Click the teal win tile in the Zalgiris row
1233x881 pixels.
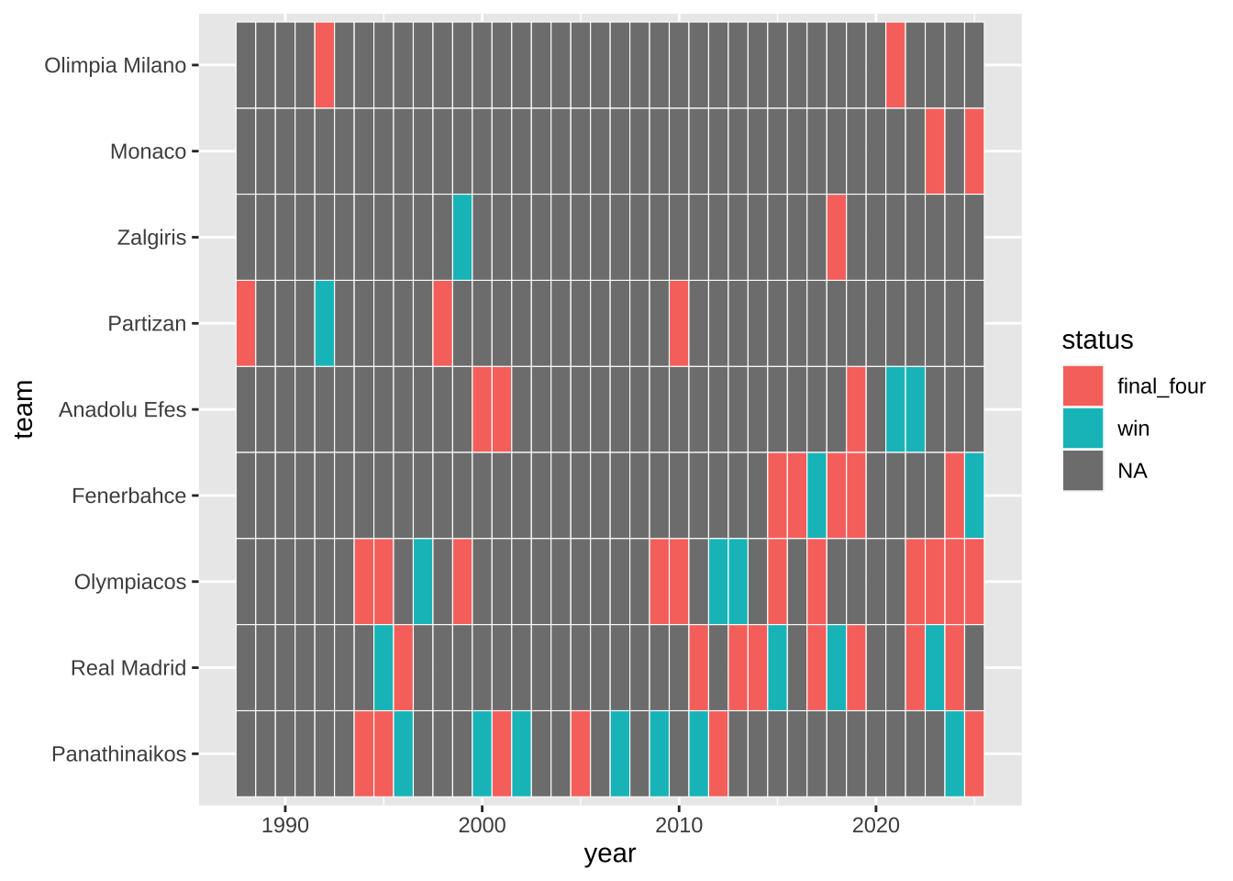point(462,237)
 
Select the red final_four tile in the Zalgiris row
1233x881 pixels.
point(836,237)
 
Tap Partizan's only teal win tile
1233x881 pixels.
point(325,323)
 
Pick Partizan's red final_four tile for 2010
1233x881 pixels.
point(679,323)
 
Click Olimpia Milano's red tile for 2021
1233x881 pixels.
point(895,65)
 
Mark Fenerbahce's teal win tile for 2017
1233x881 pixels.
point(816,495)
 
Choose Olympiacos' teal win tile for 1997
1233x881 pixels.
point(423,581)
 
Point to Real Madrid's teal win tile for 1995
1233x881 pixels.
point(383,667)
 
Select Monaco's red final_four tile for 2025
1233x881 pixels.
point(974,151)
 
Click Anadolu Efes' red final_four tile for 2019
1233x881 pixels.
point(856,409)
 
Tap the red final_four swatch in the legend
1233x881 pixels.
point(1083,386)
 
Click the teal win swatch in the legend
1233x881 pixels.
point(1083,429)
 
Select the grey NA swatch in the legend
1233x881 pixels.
point(1083,471)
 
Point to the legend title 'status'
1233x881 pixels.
point(1097,340)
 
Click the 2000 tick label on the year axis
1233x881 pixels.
point(482,825)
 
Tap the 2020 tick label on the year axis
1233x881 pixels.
point(876,825)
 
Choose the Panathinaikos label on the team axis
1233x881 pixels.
point(119,754)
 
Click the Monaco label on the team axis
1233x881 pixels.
point(148,151)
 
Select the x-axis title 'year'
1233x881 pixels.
point(609,854)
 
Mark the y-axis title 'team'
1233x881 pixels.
point(24,409)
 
